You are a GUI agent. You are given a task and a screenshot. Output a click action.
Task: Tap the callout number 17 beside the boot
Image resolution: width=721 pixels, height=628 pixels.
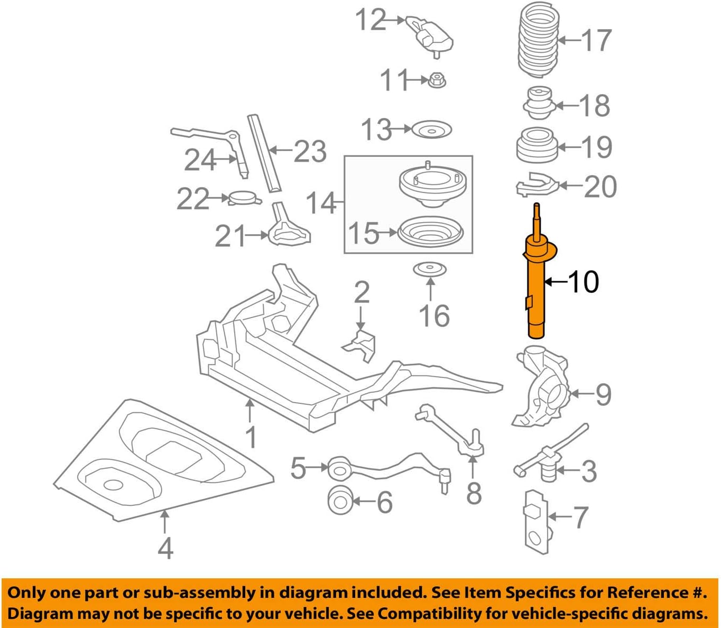[596, 40]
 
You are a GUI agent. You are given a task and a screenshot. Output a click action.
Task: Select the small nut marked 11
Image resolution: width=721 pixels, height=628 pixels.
[438, 80]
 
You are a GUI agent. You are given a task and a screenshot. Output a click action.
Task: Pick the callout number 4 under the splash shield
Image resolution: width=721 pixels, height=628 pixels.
[165, 548]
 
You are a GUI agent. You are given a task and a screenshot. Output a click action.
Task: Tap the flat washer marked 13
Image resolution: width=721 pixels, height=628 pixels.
[431, 130]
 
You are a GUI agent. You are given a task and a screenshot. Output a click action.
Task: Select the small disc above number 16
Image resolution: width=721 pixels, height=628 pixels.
[430, 270]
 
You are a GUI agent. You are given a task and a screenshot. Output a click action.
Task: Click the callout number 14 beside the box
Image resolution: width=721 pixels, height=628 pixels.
[320, 203]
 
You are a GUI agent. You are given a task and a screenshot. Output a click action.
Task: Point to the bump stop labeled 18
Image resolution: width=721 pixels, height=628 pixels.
[539, 104]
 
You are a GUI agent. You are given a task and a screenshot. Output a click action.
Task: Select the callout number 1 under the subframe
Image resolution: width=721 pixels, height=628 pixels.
[251, 437]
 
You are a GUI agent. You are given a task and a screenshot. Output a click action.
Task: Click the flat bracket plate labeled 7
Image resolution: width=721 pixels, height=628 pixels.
[536, 523]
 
